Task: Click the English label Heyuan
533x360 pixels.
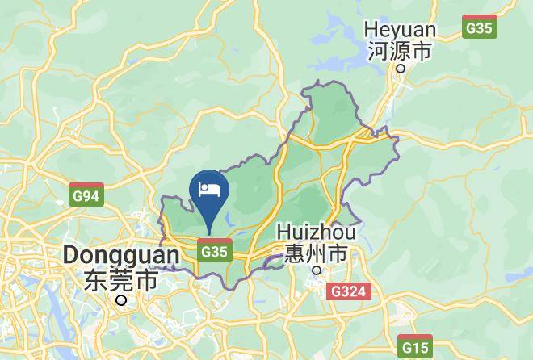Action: (401, 30)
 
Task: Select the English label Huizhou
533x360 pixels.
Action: (316, 232)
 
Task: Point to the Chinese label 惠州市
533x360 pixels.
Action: (316, 253)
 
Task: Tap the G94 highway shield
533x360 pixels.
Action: (86, 196)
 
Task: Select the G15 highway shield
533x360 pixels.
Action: (417, 348)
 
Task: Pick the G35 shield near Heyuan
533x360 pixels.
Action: (480, 28)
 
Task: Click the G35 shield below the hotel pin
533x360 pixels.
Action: (214, 251)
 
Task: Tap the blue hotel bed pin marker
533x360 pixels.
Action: (209, 190)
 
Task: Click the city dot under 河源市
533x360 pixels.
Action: (401, 69)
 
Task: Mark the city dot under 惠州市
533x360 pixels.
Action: (317, 270)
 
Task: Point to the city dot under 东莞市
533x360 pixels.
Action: (121, 300)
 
